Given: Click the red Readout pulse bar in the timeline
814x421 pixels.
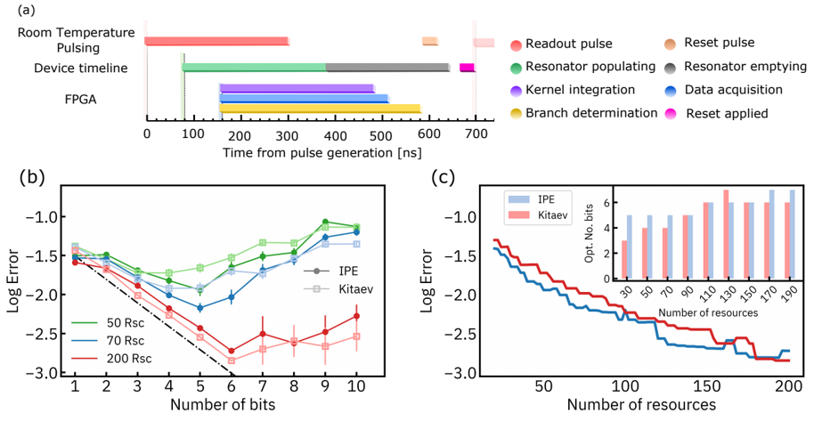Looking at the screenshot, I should click(x=216, y=41).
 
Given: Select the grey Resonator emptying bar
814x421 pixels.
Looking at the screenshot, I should click(x=387, y=67).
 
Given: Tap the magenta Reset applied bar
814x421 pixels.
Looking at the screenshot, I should click(x=467, y=68).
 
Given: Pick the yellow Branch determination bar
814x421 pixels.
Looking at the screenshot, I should click(x=320, y=109).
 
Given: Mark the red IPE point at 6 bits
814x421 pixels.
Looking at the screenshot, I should click(x=231, y=351).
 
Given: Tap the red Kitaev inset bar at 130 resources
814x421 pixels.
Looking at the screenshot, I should click(x=701, y=234).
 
